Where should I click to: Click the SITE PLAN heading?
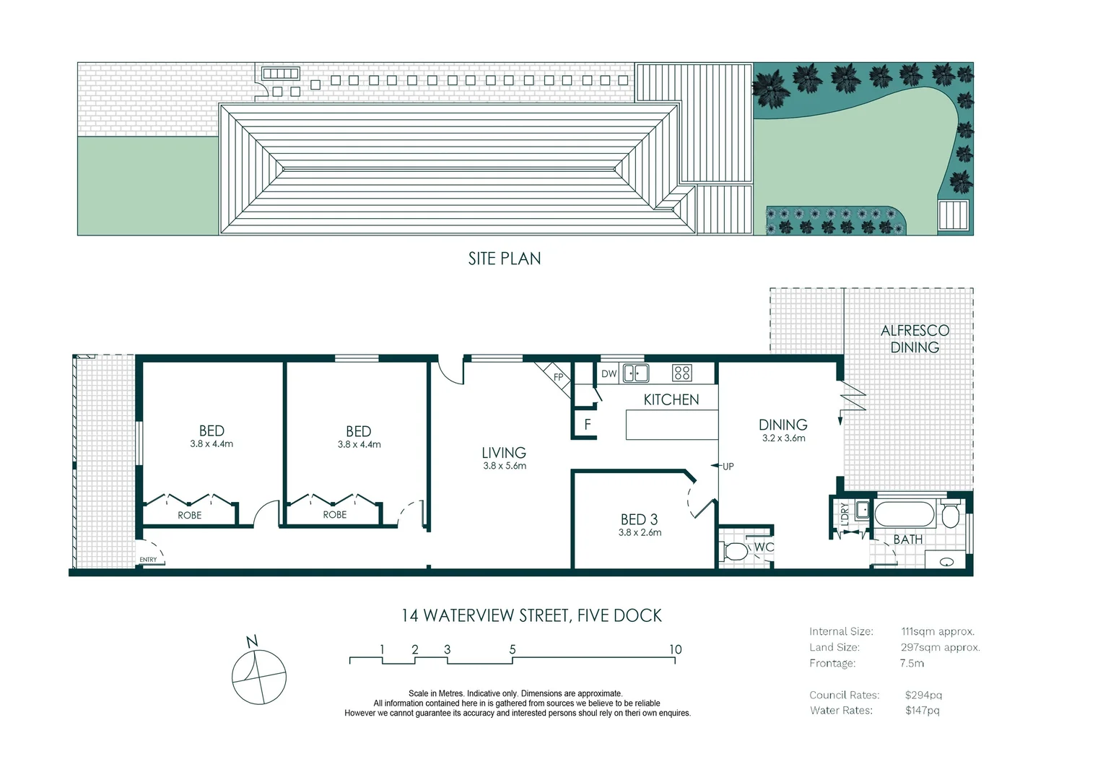pos(504,259)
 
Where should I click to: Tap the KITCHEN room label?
pos(671,399)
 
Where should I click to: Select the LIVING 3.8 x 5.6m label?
pos(504,458)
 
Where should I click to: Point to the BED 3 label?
pos(639,520)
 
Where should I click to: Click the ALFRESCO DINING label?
pos(915,339)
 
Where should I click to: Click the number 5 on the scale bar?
pos(513,649)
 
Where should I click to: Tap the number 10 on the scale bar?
pos(675,649)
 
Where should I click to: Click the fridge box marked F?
pos(587,425)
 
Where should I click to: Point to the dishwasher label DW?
pos(609,373)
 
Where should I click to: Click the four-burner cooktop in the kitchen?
pos(681,373)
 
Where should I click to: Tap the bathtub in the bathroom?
pos(904,514)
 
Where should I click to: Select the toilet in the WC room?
pos(735,552)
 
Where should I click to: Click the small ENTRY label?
pos(148,560)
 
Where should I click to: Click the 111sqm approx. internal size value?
pos(938,631)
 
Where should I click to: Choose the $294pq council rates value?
pos(923,695)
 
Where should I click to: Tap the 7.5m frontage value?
pos(912,663)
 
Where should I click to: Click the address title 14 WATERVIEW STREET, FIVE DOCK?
pos(531,615)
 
